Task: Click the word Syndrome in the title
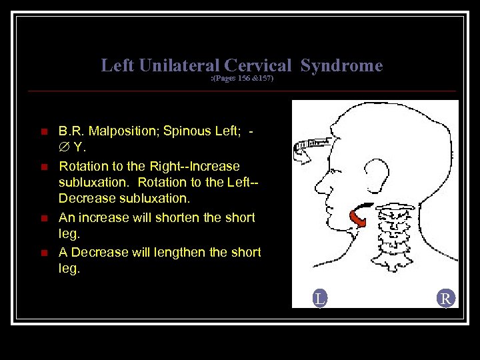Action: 341,65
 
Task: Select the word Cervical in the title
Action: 258,65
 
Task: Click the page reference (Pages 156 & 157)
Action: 242,79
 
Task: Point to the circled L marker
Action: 320,299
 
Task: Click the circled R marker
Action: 446,299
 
